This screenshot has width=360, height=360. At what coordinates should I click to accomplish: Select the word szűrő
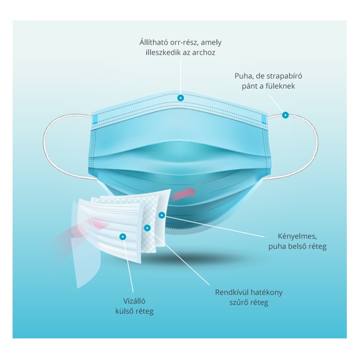(x=241, y=303)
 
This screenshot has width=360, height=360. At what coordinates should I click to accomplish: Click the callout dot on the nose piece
(x=181, y=97)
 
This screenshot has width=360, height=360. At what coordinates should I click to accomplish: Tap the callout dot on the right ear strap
(x=286, y=115)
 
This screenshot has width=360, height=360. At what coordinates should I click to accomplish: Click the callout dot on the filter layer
(x=147, y=228)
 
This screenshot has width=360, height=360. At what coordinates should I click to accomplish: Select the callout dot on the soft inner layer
(x=161, y=215)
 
